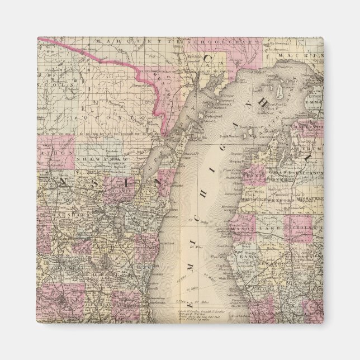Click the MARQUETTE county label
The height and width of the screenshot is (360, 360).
pos(120,41)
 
